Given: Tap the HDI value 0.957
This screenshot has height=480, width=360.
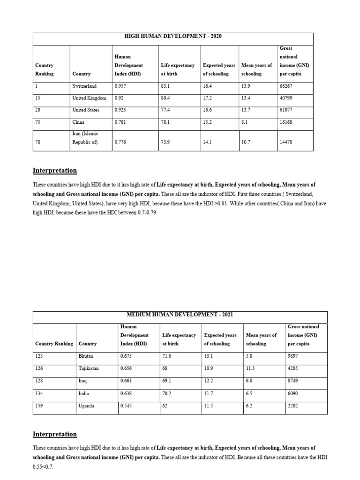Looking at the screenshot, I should [x=120, y=86].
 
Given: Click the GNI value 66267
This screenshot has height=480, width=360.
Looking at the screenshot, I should [x=286, y=86].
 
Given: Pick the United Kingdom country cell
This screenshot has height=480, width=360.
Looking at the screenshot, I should [x=89, y=98].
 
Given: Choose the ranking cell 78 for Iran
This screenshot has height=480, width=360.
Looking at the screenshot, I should [x=38, y=142].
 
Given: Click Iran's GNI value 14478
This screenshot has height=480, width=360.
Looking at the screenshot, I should [x=286, y=142].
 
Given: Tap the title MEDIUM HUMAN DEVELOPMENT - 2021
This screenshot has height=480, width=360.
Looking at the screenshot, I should [x=180, y=314].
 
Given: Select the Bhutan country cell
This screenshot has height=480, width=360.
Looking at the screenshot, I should [x=86, y=356].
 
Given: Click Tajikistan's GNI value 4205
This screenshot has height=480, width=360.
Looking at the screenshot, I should [x=294, y=368].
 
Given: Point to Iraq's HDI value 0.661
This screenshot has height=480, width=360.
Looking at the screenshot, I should [x=126, y=381].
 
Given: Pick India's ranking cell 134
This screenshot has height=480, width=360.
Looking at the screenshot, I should [x=39, y=394].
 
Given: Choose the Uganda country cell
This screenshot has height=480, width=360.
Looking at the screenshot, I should [x=86, y=406].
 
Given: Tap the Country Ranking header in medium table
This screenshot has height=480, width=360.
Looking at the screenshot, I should [x=54, y=344].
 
